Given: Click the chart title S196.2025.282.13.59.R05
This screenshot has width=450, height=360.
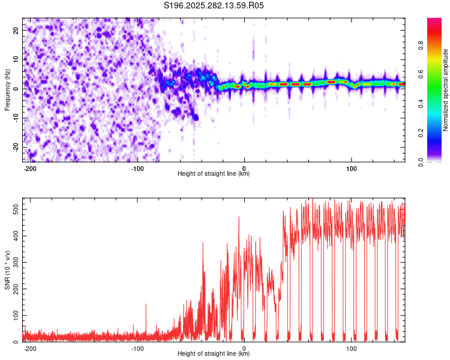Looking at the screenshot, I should (214, 5).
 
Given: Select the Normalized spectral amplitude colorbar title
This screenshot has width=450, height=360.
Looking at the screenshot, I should (446, 89).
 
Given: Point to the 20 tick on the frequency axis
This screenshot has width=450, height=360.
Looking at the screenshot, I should (16, 31).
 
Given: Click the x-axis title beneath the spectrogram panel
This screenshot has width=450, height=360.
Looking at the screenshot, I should (214, 174).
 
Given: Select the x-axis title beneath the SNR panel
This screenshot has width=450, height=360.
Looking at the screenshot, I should (214, 354).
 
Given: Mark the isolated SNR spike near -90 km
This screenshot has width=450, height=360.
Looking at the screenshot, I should (146, 305).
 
